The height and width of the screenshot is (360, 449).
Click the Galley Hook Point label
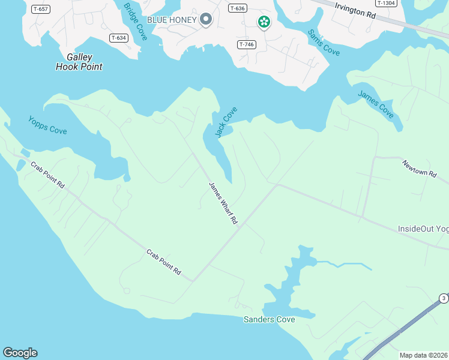pos(79,62)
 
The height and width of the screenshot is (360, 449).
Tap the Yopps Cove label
pos(47,125)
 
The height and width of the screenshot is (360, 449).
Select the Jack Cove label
pos(226,122)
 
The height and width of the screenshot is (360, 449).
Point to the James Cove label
pos(376,103)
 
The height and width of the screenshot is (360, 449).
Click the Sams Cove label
pos(324,43)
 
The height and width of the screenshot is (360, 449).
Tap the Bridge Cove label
pos(135,18)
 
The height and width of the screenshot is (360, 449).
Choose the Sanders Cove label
pos(269,319)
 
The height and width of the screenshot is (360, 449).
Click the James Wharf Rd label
pos(223,203)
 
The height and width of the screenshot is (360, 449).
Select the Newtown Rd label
pos(419,168)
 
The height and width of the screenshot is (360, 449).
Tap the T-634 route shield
pos(118,38)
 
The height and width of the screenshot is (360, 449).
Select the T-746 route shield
pos(246,44)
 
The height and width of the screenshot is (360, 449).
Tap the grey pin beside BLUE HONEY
pos(206,20)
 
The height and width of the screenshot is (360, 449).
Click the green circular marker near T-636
pos(264,22)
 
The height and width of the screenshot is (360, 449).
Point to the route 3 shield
pos(444,298)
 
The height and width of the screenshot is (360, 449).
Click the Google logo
pos(20,353)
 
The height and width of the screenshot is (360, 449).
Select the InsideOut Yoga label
pos(423,229)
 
